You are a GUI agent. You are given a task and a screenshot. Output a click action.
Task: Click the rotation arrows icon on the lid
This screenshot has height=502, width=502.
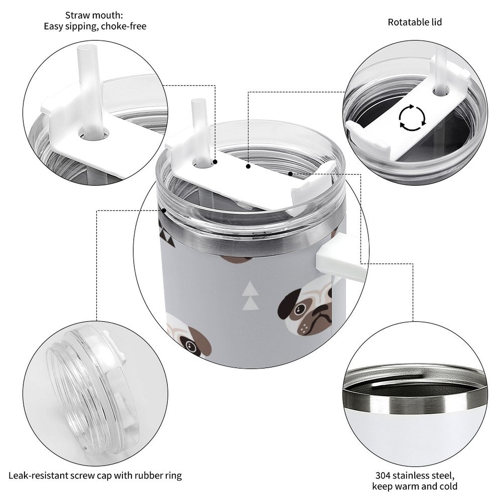pos(412,118)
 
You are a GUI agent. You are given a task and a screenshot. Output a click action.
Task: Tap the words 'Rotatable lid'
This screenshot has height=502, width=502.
pos(414,22)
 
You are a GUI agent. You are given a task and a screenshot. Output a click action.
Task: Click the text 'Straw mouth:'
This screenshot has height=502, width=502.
pos(94,15)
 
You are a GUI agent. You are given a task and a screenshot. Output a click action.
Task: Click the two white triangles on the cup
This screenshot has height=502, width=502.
pos(251,294)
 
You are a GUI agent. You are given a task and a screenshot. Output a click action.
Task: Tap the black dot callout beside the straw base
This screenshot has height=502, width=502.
pos(215,162)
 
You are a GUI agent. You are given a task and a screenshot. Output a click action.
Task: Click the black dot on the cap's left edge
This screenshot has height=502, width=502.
pos(164,211)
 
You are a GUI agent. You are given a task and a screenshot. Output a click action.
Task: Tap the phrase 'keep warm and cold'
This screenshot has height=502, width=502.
pos(415,486)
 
